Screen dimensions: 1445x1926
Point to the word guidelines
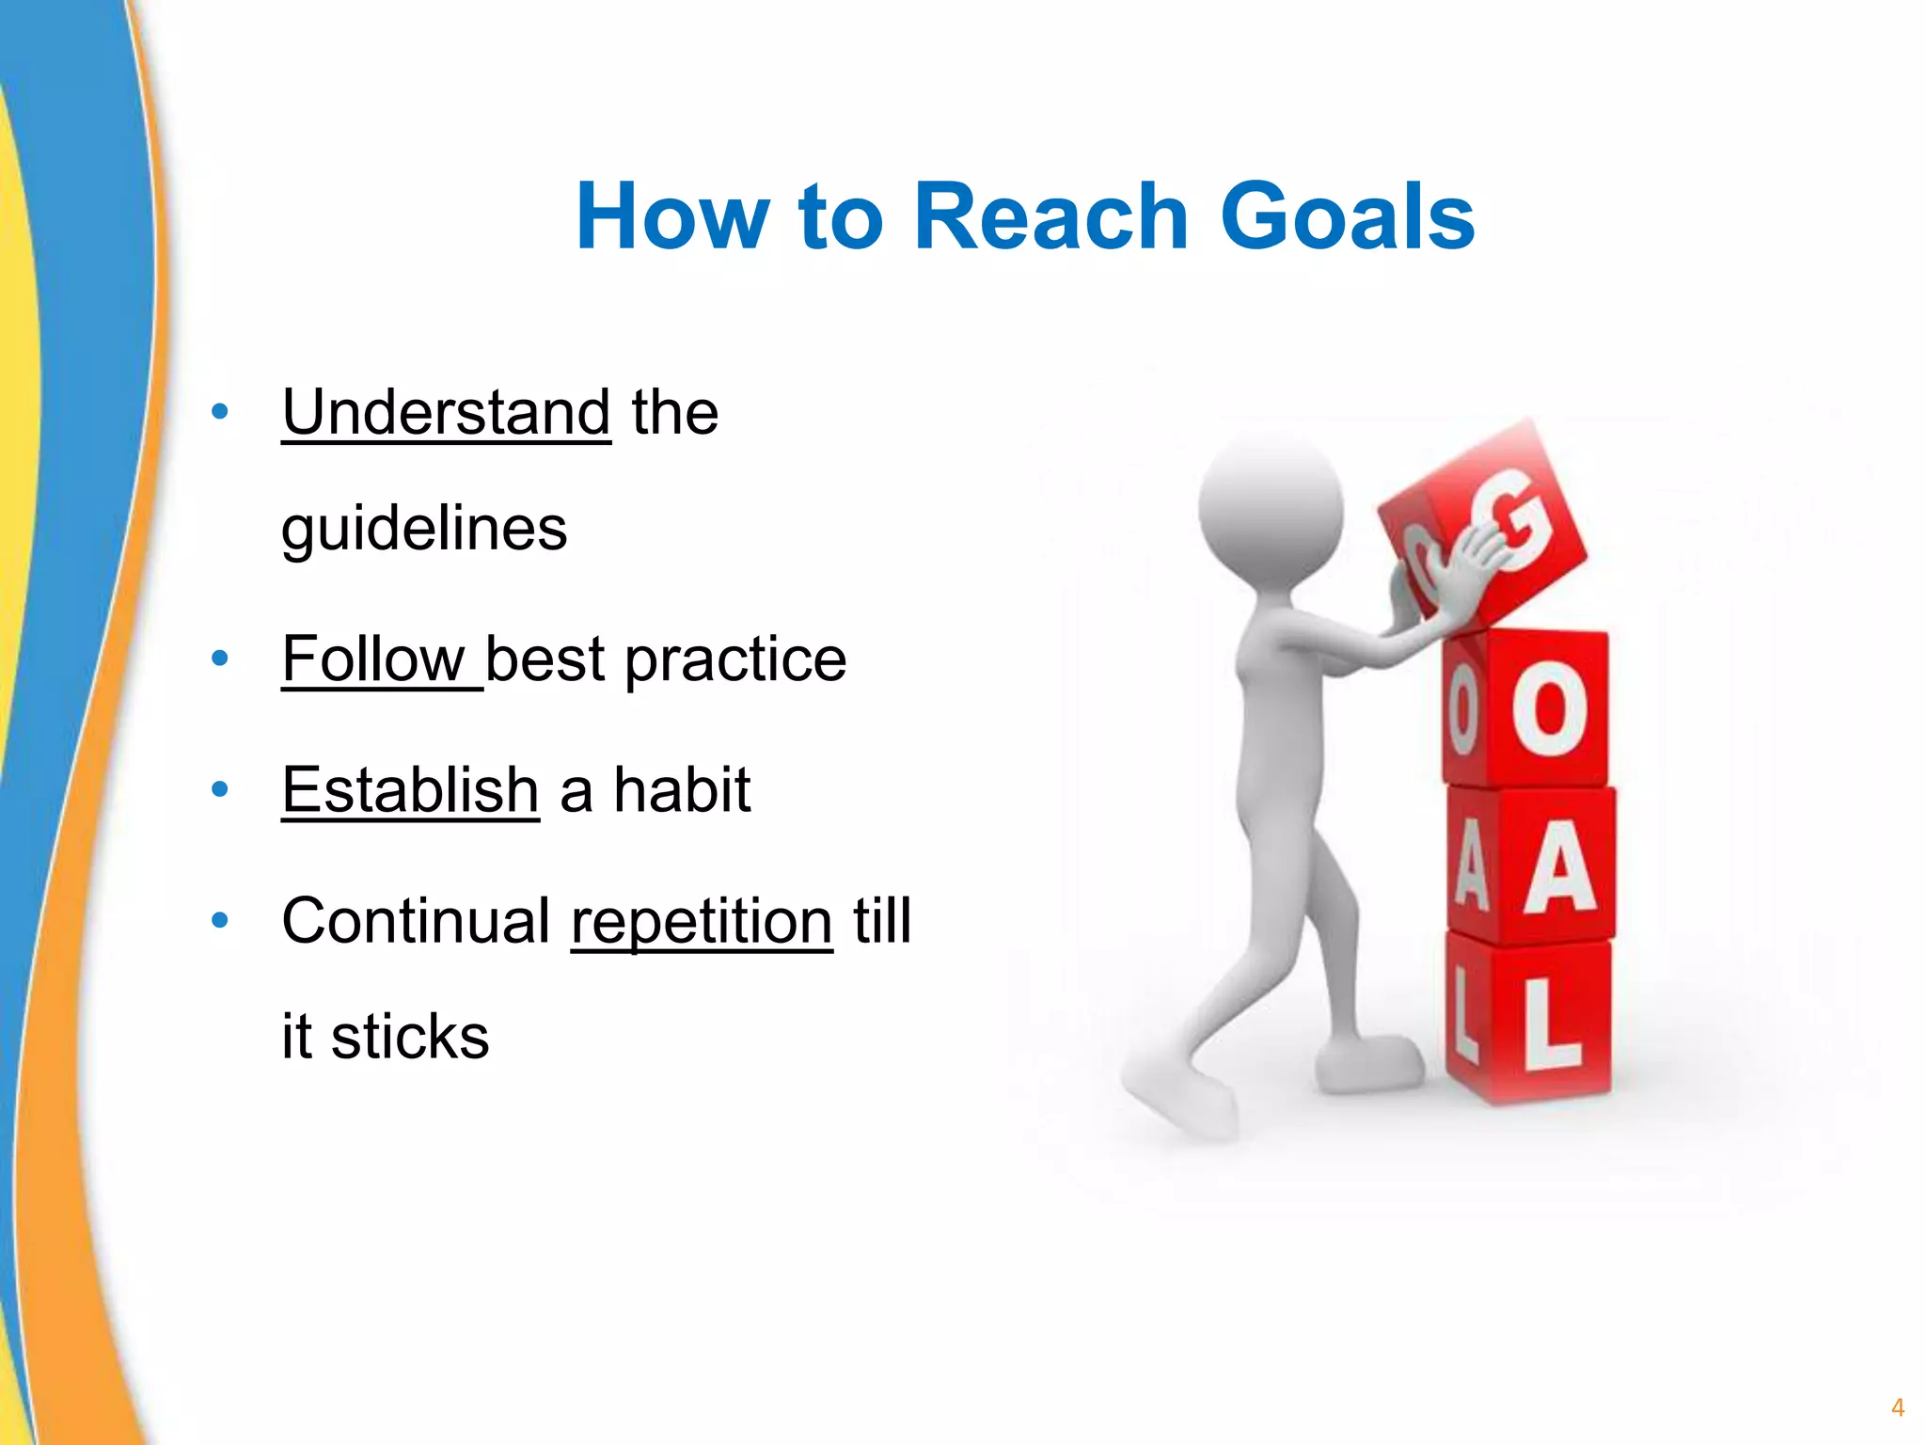(x=424, y=529)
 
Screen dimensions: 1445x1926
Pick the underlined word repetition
(x=702, y=922)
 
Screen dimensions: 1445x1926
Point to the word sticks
(x=410, y=1036)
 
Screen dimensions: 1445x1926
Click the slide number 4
(x=1897, y=1407)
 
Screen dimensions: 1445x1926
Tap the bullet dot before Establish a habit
(x=220, y=788)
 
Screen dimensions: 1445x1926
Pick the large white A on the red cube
(x=1559, y=867)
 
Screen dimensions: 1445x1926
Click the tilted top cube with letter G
(x=1495, y=527)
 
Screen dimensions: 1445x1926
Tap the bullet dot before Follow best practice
(x=220, y=659)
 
